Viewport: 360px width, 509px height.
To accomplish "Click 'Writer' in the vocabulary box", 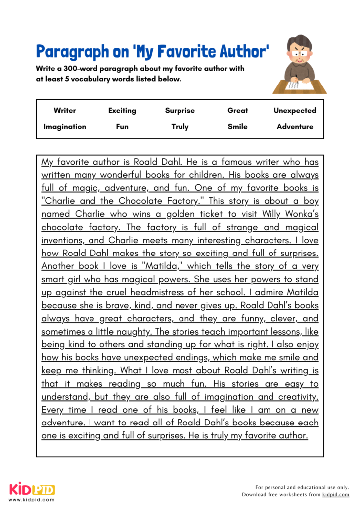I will click(65, 111).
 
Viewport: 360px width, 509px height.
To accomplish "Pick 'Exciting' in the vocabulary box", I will click(122, 111).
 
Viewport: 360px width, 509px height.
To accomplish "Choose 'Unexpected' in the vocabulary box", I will click(295, 111).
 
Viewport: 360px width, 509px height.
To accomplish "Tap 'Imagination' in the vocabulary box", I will click(65, 127).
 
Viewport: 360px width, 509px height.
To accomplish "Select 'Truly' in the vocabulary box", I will click(180, 127).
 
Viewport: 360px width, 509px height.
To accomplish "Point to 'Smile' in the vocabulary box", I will click(238, 127).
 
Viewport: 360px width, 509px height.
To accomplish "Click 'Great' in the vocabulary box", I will click(238, 111).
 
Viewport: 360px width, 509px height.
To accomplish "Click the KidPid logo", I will click(32, 489).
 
